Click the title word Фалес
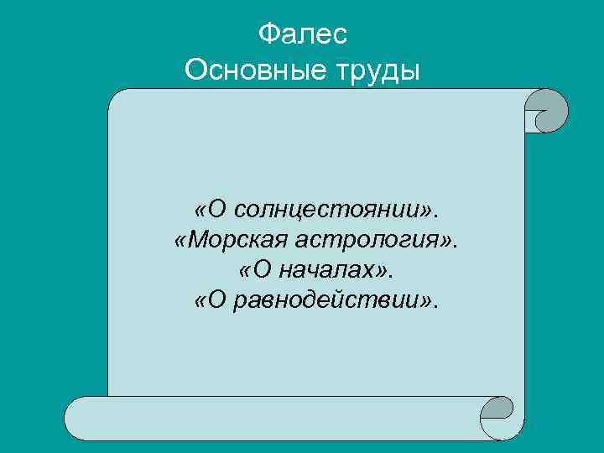[302, 34]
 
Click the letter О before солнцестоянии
[217, 207]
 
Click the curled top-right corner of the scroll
[546, 112]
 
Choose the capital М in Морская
[197, 240]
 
